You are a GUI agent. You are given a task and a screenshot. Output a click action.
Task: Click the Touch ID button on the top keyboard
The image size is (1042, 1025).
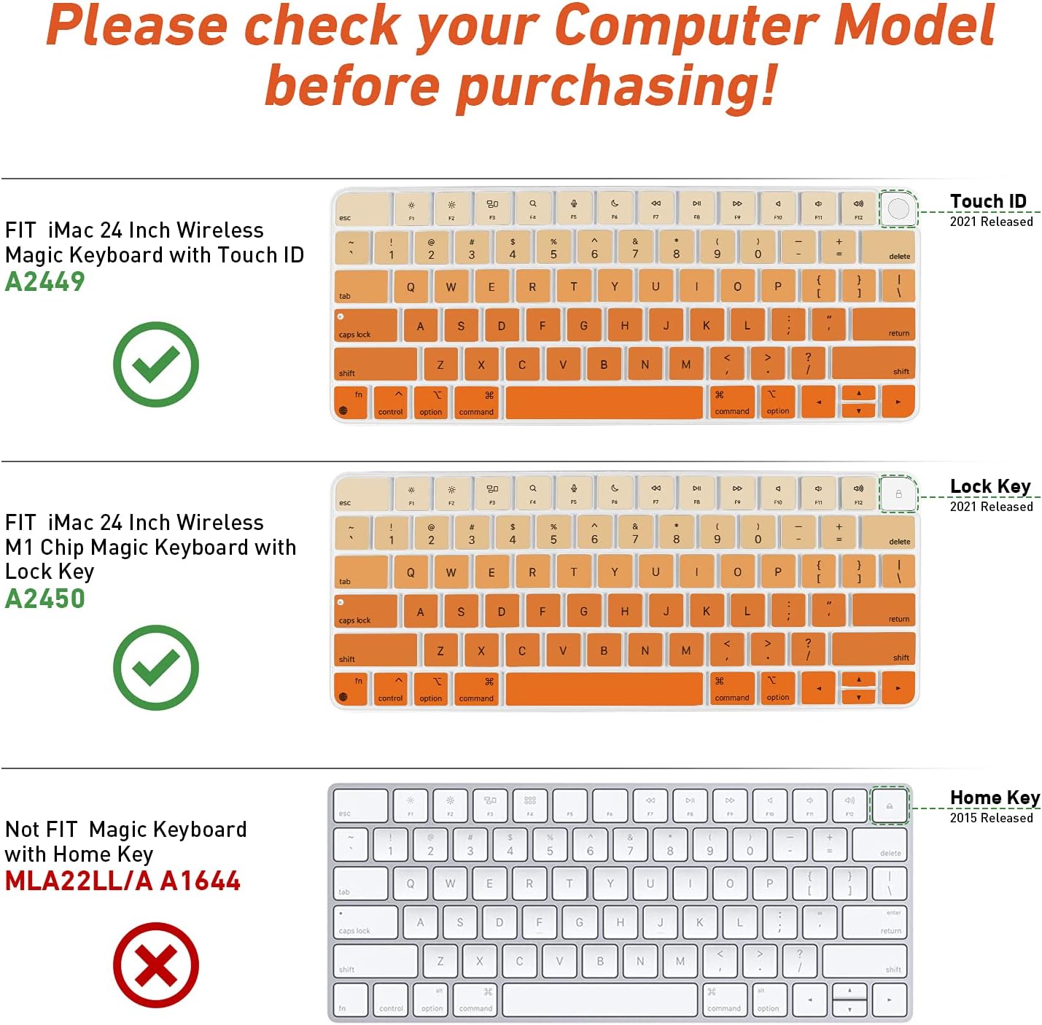(898, 208)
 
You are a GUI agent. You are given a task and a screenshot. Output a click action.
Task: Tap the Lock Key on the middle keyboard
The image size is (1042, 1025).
(898, 494)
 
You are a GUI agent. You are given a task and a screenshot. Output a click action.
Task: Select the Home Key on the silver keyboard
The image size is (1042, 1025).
(890, 806)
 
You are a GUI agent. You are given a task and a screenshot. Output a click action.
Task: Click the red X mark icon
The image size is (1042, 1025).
(155, 965)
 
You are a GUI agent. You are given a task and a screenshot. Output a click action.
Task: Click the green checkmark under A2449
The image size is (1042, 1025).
(155, 364)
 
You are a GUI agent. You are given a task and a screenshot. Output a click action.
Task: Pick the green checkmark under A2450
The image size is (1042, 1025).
(155, 667)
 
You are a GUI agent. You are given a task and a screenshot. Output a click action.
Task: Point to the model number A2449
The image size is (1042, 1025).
(45, 281)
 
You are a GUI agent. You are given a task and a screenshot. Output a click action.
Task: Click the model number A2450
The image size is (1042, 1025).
(45, 599)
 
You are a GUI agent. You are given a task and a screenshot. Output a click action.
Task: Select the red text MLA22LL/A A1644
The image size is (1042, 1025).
(123, 881)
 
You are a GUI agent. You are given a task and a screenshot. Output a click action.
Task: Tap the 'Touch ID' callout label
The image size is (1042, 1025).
(988, 201)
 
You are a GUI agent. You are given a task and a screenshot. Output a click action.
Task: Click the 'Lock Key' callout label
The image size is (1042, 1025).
(990, 486)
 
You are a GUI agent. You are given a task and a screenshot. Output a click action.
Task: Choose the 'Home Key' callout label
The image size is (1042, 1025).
(995, 798)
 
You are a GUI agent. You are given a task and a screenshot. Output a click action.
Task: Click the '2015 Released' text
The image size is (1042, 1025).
(991, 818)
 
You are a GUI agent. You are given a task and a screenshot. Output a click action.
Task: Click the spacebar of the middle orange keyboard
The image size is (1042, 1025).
(604, 688)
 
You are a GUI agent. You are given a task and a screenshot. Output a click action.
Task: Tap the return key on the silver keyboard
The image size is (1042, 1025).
(874, 922)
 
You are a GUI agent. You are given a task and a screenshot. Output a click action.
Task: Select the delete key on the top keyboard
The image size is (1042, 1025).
(887, 247)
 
